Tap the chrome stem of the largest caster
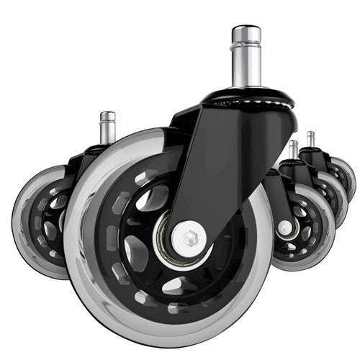(246, 61)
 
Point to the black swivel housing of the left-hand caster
(90, 155)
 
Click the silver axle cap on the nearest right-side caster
(285, 227)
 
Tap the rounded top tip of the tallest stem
(246, 30)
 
